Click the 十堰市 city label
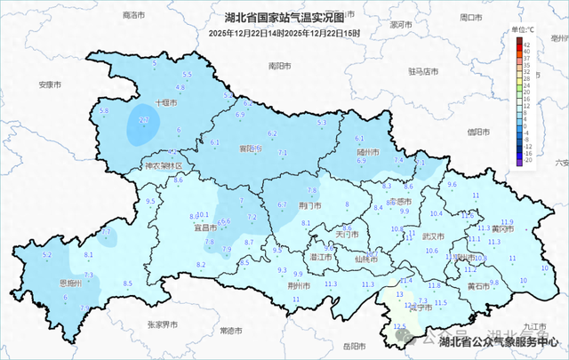[x=166, y=103]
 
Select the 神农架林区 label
[x=163, y=166]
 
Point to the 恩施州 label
[x=71, y=284]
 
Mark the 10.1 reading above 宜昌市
[x=203, y=215]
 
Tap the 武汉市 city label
[x=432, y=237]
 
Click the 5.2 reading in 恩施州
[x=47, y=255]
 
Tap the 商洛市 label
[x=133, y=15]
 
